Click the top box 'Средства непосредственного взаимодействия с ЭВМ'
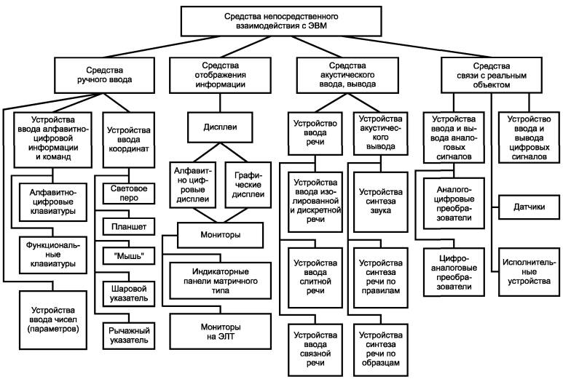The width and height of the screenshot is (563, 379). pyautogui.click(x=281, y=21)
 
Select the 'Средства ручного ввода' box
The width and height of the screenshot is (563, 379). pyautogui.click(x=104, y=75)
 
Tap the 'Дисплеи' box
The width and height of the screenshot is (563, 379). pyautogui.click(x=220, y=127)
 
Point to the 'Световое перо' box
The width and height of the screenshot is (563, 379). pyautogui.click(x=129, y=194)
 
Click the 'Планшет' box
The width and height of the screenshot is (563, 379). pyautogui.click(x=129, y=227)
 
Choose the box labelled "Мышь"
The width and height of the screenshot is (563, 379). pyautogui.click(x=129, y=256)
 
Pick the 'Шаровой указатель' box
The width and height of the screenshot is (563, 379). pyautogui.click(x=129, y=294)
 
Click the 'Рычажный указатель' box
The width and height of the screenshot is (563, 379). pyautogui.click(x=129, y=335)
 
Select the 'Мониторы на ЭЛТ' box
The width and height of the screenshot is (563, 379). pyautogui.click(x=221, y=331)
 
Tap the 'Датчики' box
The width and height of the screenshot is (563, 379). pyautogui.click(x=529, y=207)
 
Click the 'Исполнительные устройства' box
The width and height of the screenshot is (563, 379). pyautogui.click(x=529, y=272)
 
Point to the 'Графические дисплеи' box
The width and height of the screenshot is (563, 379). pyautogui.click(x=248, y=185)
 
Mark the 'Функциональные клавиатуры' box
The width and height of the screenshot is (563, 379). pyautogui.click(x=53, y=255)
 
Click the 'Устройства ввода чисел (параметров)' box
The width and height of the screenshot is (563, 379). pyautogui.click(x=53, y=320)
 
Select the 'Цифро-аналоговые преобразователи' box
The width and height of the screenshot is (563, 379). pyautogui.click(x=454, y=272)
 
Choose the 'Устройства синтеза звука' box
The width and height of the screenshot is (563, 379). pyautogui.click(x=381, y=202)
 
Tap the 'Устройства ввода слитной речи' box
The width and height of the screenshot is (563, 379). pyautogui.click(x=315, y=277)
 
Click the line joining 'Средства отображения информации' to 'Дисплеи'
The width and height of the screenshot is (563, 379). pyautogui.click(x=220, y=103)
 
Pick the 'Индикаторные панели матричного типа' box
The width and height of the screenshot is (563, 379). pyautogui.click(x=221, y=281)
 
